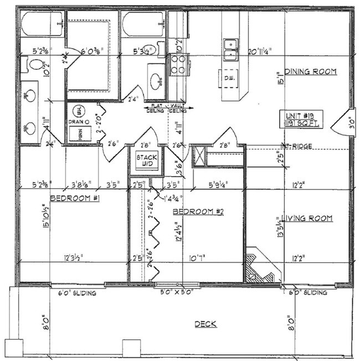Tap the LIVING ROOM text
point(307,218)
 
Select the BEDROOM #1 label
point(75,198)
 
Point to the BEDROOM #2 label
point(198,212)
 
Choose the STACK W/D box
point(147,160)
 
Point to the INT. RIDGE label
point(297,146)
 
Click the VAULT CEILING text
point(178,107)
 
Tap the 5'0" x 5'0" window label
point(177,292)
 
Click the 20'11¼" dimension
point(267,52)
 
